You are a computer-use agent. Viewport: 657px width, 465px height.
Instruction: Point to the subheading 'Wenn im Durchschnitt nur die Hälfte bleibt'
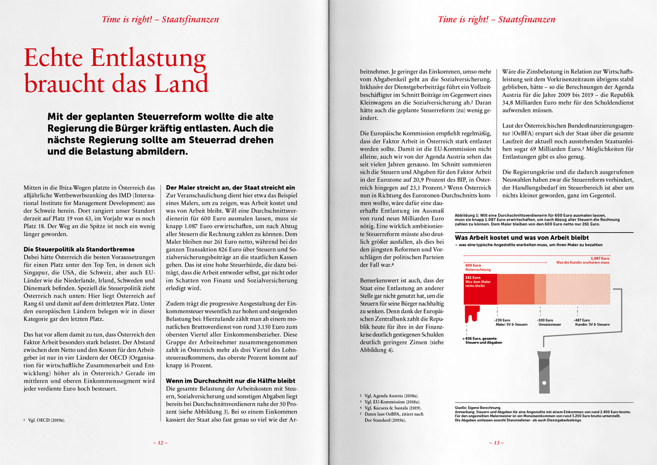pyautogui.click(x=230, y=380)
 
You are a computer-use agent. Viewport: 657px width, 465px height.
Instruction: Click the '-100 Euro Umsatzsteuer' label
pyautogui.click(x=550, y=322)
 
